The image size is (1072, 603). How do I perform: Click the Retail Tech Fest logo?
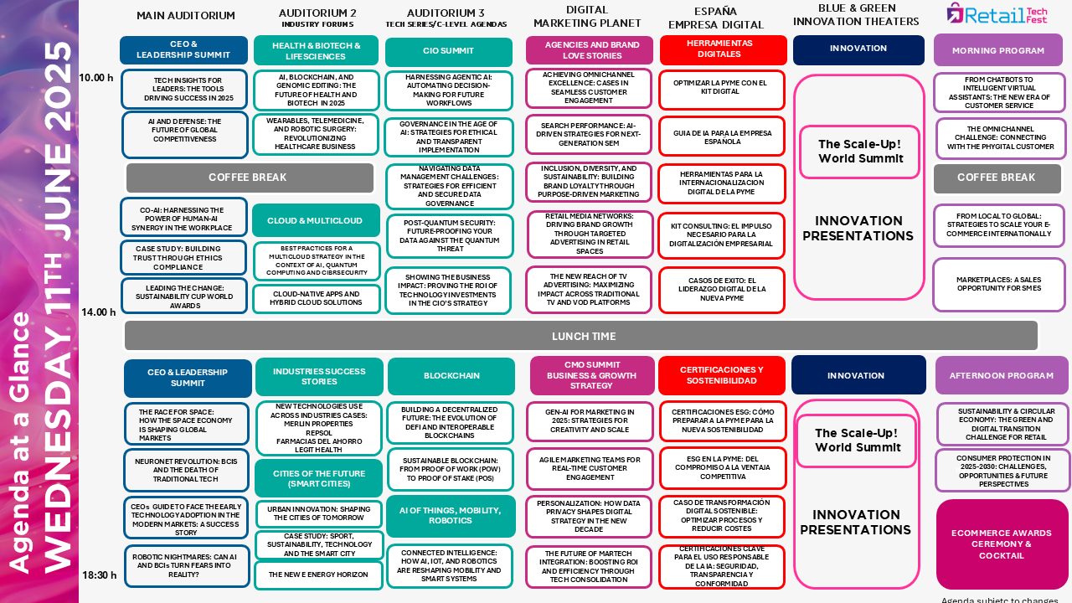[997, 13]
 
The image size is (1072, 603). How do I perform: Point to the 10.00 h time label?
[96, 78]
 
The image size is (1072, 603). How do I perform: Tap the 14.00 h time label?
[98, 312]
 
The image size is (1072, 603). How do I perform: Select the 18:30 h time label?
[99, 575]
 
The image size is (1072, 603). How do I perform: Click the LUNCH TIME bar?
[581, 336]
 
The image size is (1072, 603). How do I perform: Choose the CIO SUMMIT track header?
[448, 51]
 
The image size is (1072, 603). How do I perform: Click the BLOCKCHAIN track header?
[451, 376]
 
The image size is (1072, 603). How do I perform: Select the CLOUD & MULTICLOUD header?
[316, 220]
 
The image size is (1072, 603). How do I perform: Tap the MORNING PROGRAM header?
[997, 50]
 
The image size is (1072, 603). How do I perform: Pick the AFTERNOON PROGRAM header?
[1001, 376]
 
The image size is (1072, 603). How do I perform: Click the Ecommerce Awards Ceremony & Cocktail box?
[1001, 544]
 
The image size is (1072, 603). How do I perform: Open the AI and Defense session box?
[185, 135]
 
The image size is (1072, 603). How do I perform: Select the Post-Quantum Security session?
[450, 236]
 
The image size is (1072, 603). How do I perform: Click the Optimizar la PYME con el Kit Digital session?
[722, 90]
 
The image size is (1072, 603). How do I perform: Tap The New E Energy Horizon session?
[318, 575]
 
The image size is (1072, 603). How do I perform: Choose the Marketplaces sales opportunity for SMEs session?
[999, 284]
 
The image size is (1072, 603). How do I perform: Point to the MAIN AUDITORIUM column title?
[186, 16]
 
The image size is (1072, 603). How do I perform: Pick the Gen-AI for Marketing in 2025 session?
[590, 421]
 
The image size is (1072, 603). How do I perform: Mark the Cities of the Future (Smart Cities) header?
[319, 478]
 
